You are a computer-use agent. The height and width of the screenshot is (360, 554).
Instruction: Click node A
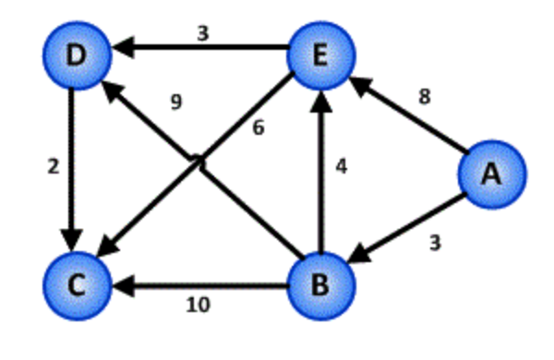point(492,174)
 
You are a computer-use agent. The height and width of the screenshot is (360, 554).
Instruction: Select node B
point(320,285)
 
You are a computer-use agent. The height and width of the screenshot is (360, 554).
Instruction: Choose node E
point(320,55)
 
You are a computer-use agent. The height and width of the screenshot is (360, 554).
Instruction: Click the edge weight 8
point(424,97)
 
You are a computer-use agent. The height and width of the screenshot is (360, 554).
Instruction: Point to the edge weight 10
point(198,306)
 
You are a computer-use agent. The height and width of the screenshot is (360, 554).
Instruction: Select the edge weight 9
point(175,102)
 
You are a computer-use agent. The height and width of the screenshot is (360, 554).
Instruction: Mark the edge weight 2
point(54,168)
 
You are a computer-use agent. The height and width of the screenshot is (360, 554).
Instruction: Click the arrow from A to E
point(411,116)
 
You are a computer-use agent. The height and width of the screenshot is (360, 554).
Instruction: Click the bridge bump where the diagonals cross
point(198,162)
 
